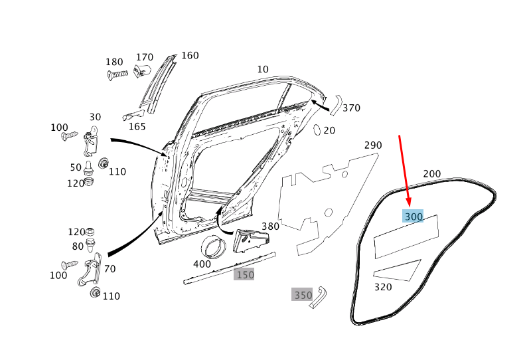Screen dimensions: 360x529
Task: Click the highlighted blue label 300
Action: pos(413,217)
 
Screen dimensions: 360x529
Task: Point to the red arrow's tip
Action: pos(410,205)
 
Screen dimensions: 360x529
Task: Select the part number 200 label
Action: pos(431,174)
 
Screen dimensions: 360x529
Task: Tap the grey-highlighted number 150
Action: pos(244,274)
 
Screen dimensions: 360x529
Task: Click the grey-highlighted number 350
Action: pos(302,294)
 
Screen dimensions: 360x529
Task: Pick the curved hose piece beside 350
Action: pos(320,297)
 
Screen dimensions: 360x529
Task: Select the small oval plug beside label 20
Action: pos(316,129)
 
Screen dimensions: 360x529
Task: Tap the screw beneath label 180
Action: pos(117,75)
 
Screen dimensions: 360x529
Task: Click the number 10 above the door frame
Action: pos(263,69)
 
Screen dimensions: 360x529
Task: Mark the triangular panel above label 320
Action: pos(398,269)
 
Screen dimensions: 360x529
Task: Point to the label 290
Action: pos(373,145)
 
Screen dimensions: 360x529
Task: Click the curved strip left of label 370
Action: pos(335,104)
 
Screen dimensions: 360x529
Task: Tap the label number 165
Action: pos(137,126)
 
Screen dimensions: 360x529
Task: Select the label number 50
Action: pos(76,167)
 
